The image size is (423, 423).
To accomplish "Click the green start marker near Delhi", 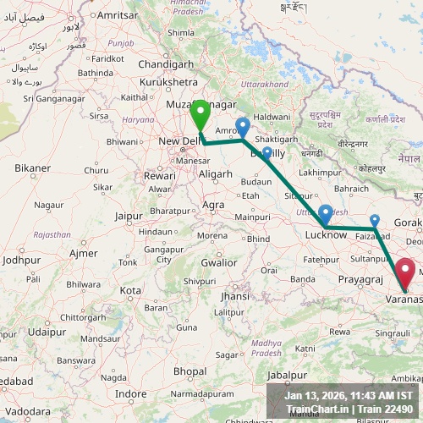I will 201,113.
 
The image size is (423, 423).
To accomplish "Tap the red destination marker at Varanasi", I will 405,273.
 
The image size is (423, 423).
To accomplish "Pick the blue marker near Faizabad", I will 375,221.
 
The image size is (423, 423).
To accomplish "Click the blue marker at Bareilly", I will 267,153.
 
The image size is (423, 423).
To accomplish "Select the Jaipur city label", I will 129,216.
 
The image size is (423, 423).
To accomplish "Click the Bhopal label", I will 190,371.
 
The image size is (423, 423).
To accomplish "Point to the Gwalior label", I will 218,262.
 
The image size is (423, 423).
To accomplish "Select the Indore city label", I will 131,393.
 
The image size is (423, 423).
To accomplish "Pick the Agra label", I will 213,205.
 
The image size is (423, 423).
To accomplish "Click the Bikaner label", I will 32,168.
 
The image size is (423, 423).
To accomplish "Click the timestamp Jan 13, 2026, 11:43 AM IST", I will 349,395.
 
